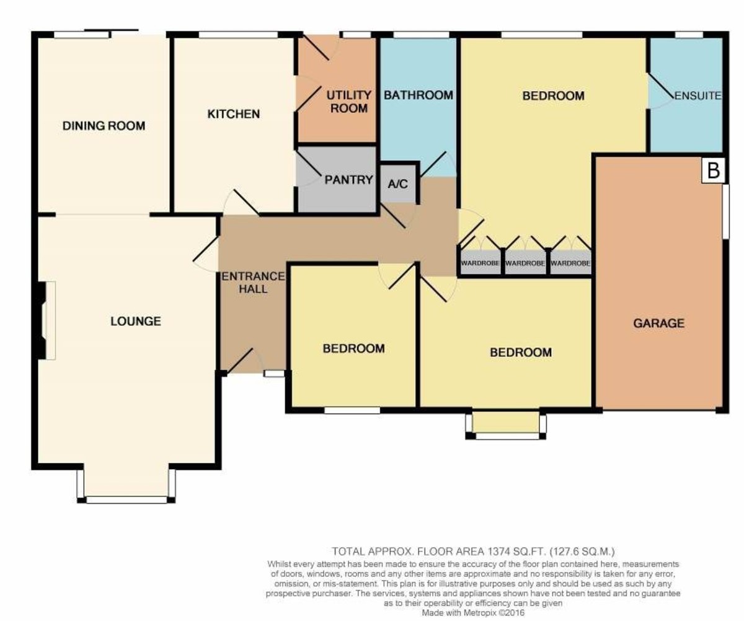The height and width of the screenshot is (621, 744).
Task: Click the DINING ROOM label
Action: tap(104, 126)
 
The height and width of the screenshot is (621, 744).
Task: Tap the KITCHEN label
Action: tap(234, 114)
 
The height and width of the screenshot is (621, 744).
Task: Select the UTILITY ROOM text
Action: tap(349, 102)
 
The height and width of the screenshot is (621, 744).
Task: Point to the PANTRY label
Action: tap(348, 180)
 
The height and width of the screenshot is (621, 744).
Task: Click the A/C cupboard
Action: tap(398, 183)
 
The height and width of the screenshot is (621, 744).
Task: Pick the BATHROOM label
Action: tap(418, 95)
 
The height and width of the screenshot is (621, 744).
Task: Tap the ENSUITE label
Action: tap(697, 95)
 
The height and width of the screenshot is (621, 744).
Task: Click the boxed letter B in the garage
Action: tap(714, 170)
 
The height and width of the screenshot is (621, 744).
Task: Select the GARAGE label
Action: tap(659, 323)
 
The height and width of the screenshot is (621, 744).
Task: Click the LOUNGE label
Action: tap(136, 322)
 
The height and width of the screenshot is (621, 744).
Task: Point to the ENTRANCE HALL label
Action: tap(254, 283)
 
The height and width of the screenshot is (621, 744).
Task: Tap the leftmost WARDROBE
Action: tap(480, 263)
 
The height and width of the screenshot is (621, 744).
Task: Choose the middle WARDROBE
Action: tap(525, 263)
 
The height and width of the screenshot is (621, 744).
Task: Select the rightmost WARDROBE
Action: tap(570, 263)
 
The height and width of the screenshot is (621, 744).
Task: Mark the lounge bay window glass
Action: tap(127, 500)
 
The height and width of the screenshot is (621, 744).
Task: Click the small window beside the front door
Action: tap(275, 373)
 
